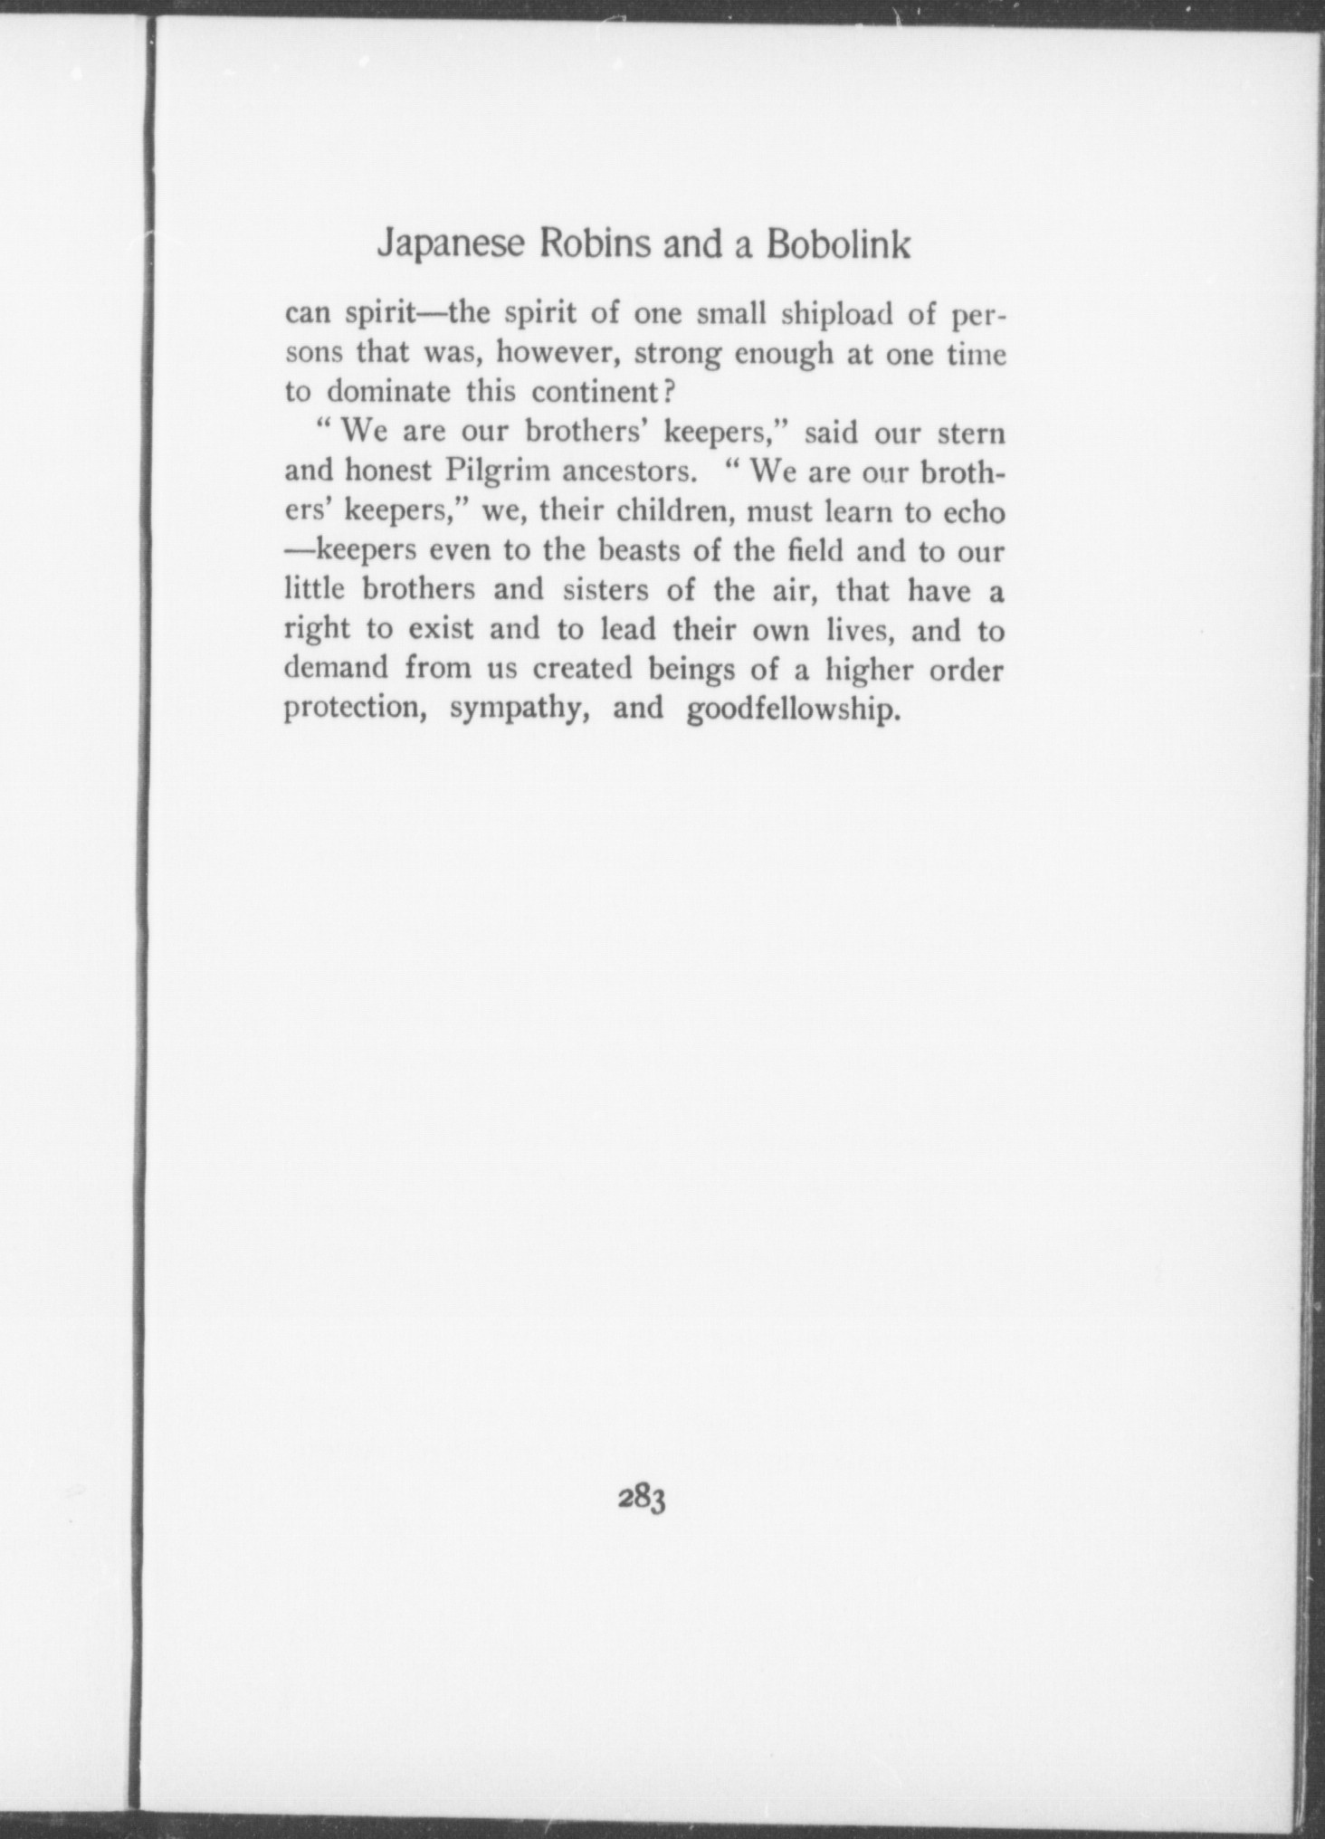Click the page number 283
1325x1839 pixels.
[642, 1499]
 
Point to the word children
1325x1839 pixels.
[672, 511]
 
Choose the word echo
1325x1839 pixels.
[974, 511]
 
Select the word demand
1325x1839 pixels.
[337, 669]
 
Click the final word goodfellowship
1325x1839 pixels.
[795, 709]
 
